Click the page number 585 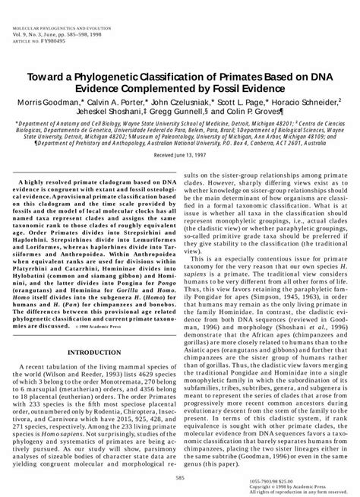pos(180,476)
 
